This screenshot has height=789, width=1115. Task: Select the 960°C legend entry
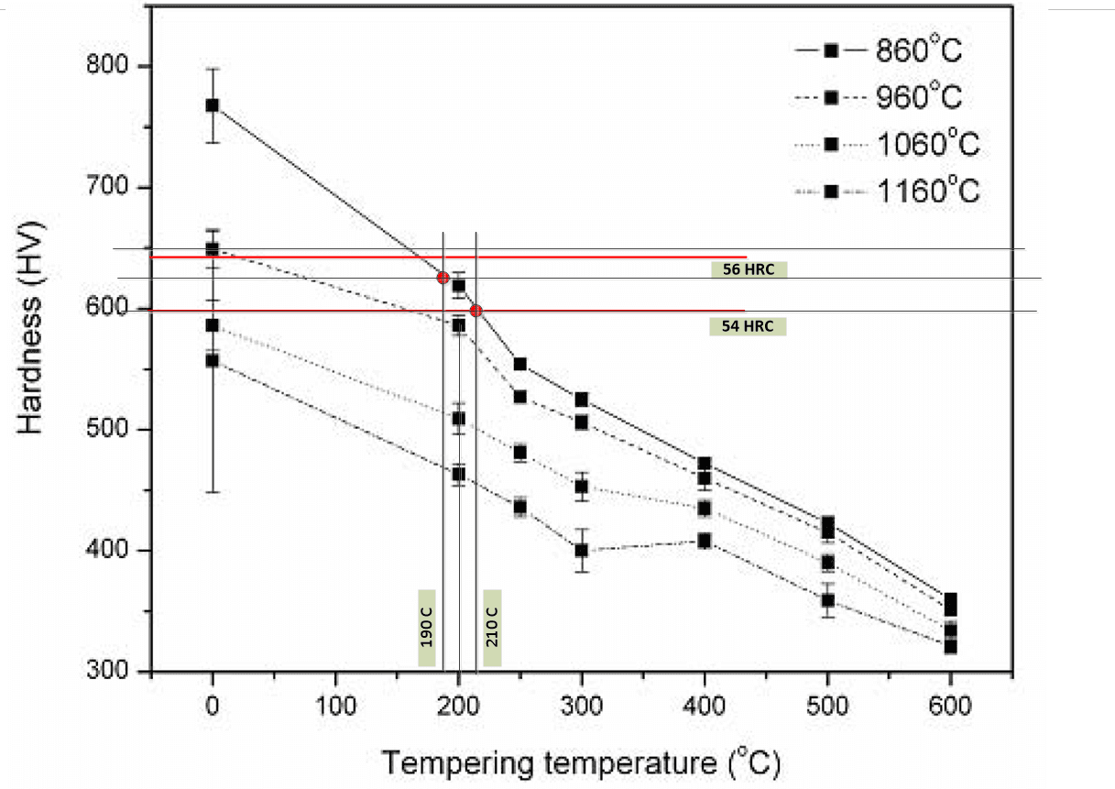click(880, 98)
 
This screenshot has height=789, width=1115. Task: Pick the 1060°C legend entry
click(880, 145)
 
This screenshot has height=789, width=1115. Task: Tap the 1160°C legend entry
click(880, 192)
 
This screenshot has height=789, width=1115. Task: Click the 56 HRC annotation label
click(749, 269)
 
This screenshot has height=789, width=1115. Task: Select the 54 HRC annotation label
click(748, 326)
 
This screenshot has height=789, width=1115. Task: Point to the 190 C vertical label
click(427, 629)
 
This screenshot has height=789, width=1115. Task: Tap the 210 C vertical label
click(492, 629)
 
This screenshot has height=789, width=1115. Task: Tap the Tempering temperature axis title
click(583, 762)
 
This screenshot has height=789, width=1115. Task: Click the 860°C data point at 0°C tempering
click(213, 104)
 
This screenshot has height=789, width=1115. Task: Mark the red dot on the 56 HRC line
click(443, 277)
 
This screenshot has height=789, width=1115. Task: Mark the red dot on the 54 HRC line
click(476, 311)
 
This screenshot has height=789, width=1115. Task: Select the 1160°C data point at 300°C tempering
click(581, 551)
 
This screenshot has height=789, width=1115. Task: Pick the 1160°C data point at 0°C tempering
click(213, 361)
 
